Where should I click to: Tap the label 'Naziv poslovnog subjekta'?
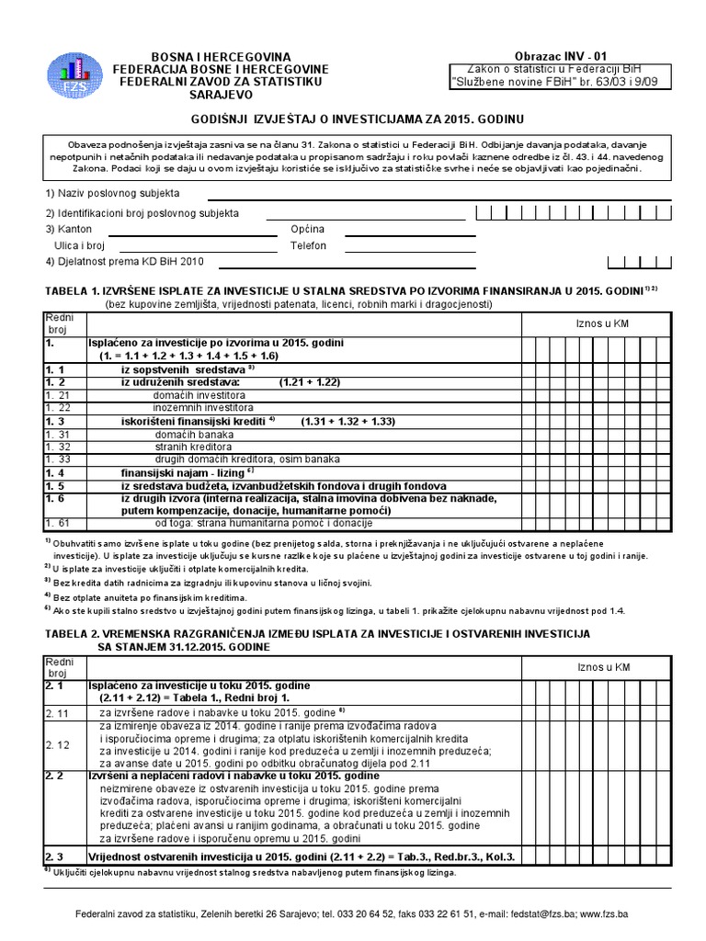tap(112, 194)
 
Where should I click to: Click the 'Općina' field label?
tap(308, 230)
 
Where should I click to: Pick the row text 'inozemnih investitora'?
tap(203, 406)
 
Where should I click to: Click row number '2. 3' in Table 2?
tap(54, 856)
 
